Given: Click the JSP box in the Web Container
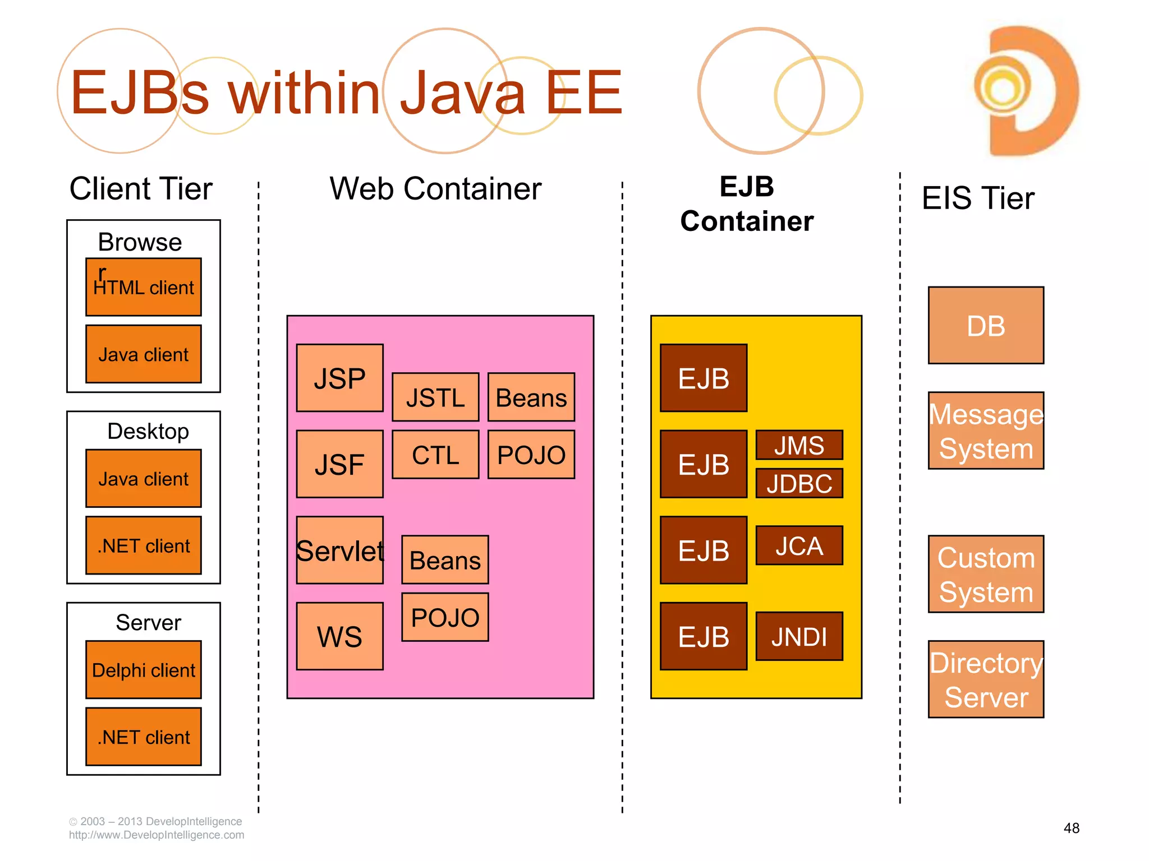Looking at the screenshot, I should click(x=339, y=378).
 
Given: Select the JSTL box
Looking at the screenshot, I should click(x=435, y=397).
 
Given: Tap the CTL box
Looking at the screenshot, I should click(x=435, y=455).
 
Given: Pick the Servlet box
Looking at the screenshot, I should click(x=339, y=550).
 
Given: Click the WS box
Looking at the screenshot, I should click(x=339, y=636).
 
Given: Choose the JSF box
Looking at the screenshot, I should click(x=339, y=464).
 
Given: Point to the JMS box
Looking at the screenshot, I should click(x=799, y=445).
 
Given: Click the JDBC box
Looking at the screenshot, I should click(x=799, y=483).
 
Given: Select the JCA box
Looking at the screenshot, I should click(x=799, y=545).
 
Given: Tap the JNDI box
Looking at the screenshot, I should click(x=799, y=636).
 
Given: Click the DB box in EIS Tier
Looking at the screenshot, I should click(x=986, y=326).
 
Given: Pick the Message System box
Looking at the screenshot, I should click(x=986, y=430).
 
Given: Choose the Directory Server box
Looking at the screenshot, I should click(x=986, y=679).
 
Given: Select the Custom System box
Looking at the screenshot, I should click(x=986, y=574).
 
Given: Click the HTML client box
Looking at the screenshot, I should click(x=144, y=287).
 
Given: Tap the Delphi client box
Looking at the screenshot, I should click(x=144, y=670).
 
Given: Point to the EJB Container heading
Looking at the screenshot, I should click(x=747, y=204).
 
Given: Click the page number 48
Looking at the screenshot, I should click(x=1071, y=828).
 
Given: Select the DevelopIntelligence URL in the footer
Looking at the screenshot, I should click(x=157, y=835).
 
